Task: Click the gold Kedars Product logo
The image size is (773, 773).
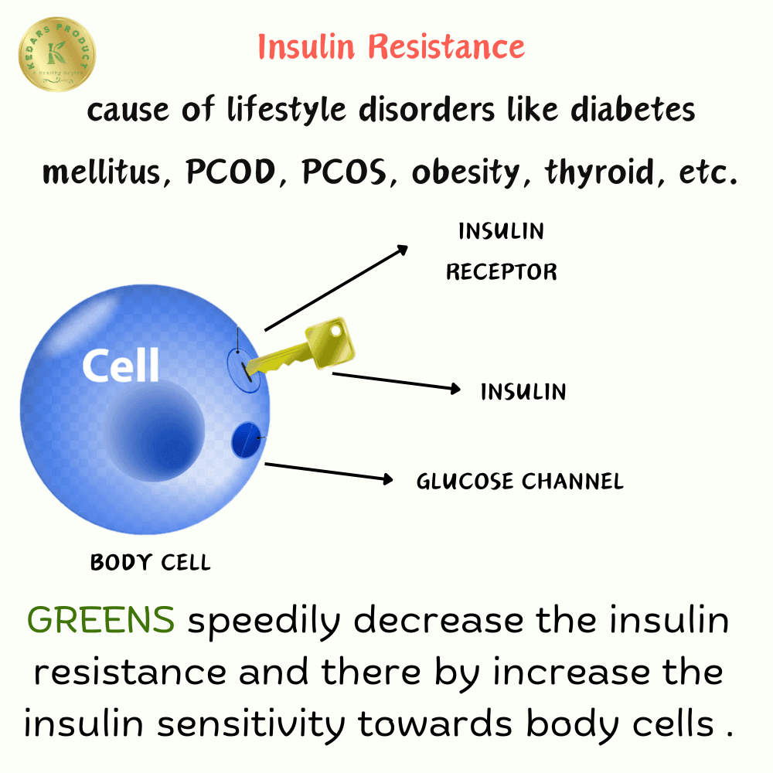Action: pos(57,54)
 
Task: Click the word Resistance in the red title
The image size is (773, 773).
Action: pos(447,47)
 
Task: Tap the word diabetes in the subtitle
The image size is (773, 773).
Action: pos(633,109)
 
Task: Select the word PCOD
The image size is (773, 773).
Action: pos(230,172)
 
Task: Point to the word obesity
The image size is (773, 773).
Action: pos(466,172)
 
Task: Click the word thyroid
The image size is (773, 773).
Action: pos(600,172)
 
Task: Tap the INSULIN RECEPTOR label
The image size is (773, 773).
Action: pos(502,251)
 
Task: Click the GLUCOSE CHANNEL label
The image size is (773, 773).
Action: pos(520,481)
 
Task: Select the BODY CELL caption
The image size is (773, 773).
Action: pos(151,563)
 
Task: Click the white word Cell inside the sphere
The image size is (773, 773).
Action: pos(121,365)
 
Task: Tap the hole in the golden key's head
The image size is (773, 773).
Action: pos(336,332)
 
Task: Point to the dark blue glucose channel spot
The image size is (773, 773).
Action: pos(246,440)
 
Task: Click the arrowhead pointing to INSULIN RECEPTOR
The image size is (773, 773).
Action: pos(403,250)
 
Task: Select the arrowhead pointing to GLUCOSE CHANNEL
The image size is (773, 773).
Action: pos(389,478)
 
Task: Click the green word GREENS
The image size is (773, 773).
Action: pos(100,620)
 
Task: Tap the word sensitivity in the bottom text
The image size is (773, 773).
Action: pos(251,724)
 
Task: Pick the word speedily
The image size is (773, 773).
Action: pos(264,621)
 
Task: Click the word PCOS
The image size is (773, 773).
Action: pos(344,172)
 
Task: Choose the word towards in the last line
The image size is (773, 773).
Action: pos(435,724)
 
